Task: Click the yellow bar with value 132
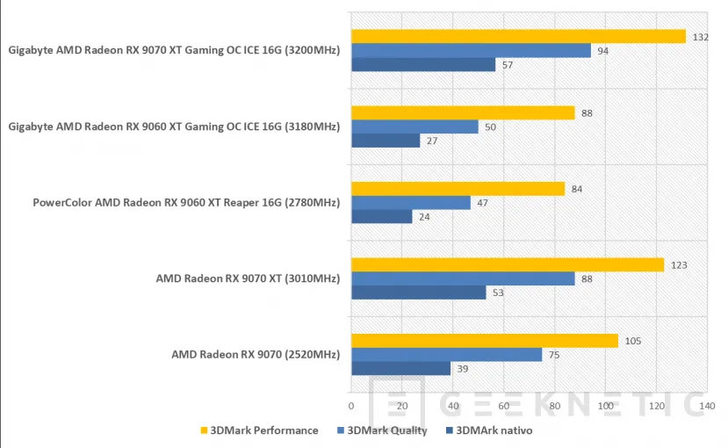[x=518, y=36]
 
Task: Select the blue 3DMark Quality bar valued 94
[x=471, y=51]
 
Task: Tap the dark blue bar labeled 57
[x=423, y=65]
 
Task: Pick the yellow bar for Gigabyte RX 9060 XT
[x=463, y=112]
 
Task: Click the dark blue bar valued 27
[x=386, y=141]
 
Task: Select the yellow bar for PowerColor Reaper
[x=458, y=189]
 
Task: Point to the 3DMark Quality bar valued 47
[x=411, y=203]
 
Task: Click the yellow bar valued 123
[x=508, y=264]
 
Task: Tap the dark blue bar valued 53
[x=418, y=293]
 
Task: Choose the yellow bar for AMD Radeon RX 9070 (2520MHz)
[x=485, y=341]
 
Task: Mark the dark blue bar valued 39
[x=400, y=369]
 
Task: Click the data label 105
[x=631, y=341]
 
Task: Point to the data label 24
[x=425, y=217]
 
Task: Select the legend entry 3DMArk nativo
[x=489, y=430]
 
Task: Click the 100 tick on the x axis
[x=605, y=406]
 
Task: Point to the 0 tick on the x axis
[x=351, y=406]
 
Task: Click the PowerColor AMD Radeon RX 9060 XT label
[x=185, y=203]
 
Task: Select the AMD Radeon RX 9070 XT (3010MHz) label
[x=247, y=278]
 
